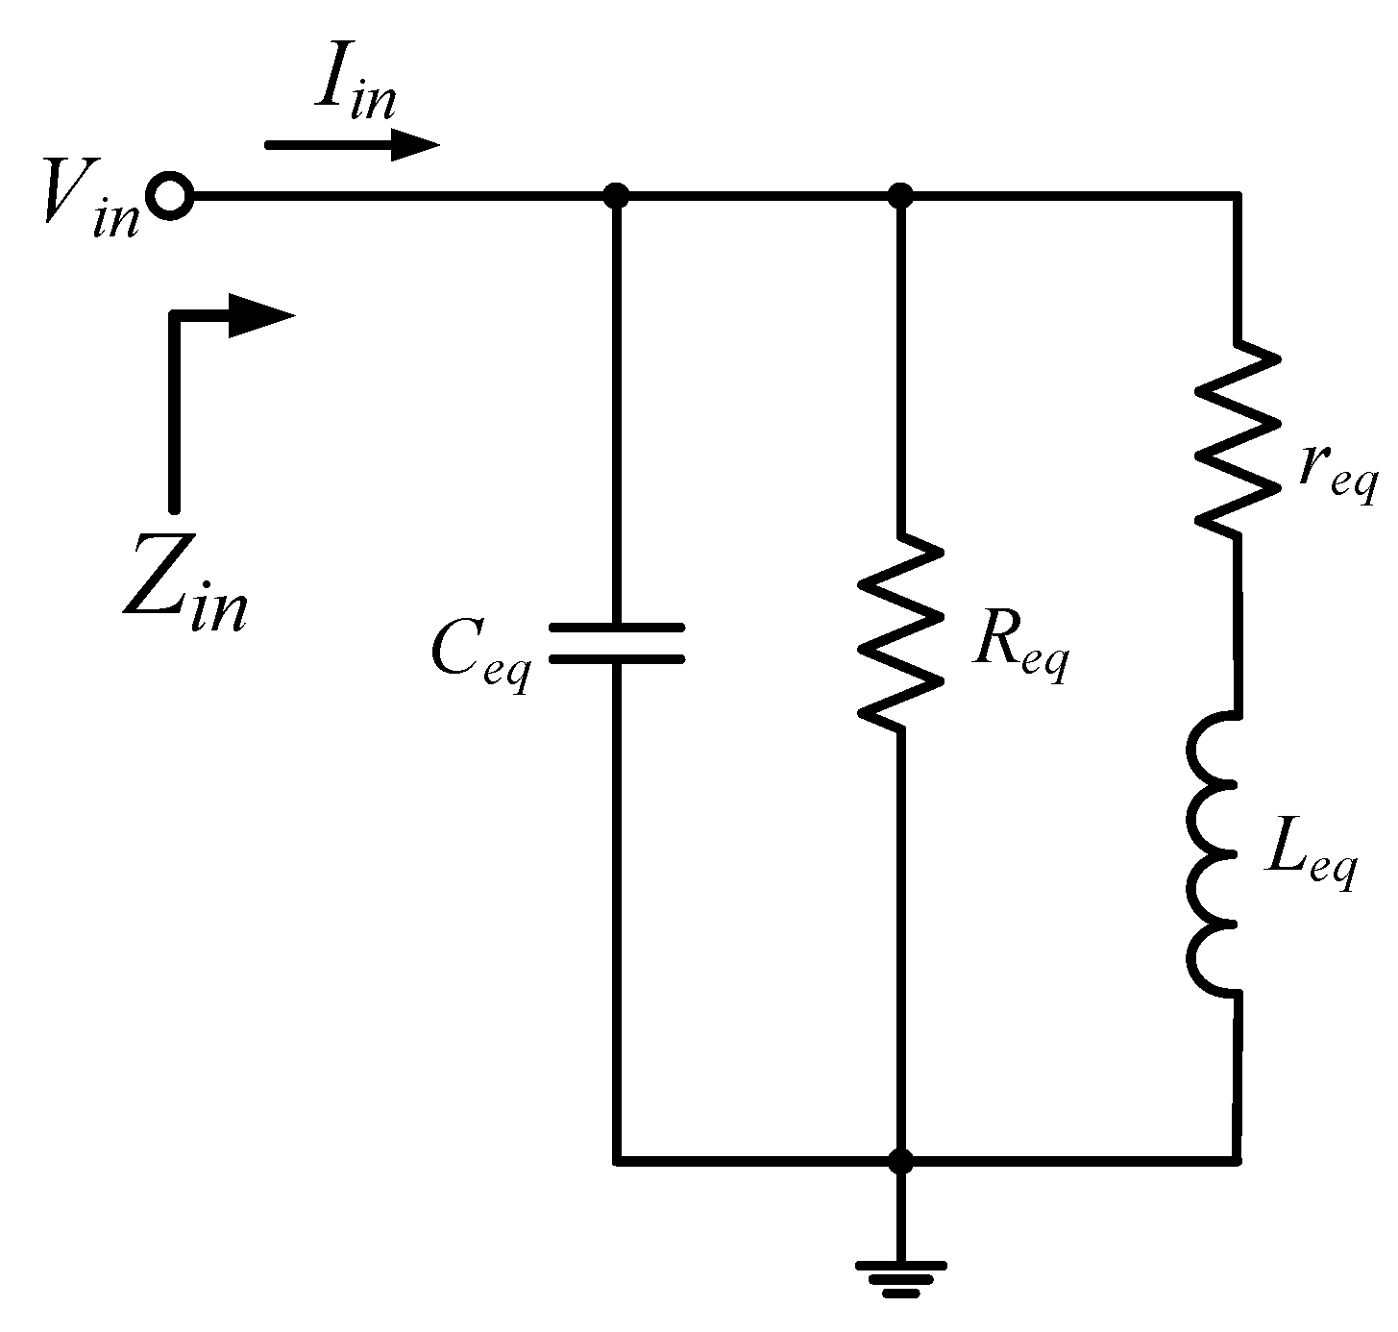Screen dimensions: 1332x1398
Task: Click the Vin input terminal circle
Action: pyautogui.click(x=171, y=197)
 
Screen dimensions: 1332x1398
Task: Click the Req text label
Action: pyautogui.click(x=1018, y=646)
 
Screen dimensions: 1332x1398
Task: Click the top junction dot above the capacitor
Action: pyautogui.click(x=616, y=197)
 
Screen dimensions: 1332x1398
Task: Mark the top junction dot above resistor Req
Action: pyautogui.click(x=900, y=197)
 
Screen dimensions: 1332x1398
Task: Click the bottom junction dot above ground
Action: pyautogui.click(x=900, y=1160)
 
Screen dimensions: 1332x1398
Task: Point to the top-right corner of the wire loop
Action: pyautogui.click(x=1236, y=197)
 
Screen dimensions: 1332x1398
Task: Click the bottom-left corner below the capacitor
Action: pyautogui.click(x=616, y=1160)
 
